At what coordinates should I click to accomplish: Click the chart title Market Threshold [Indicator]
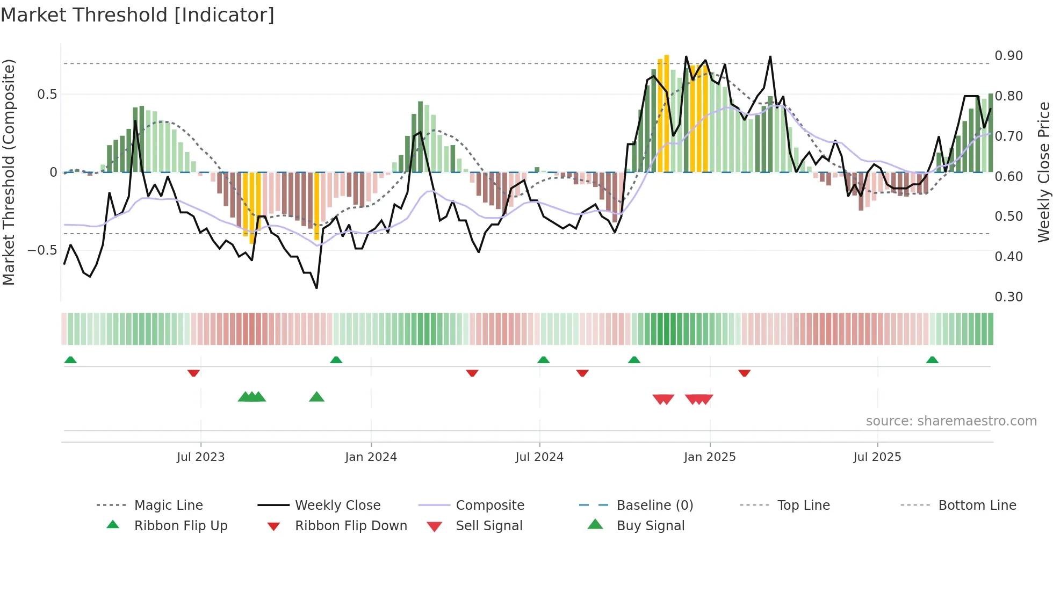pyautogui.click(x=138, y=15)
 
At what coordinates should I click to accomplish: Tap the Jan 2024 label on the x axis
pyautogui.click(x=371, y=457)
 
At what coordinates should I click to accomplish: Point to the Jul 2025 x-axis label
pyautogui.click(x=877, y=457)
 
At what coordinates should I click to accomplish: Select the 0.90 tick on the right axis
pyautogui.click(x=1008, y=56)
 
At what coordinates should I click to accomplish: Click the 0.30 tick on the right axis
pyautogui.click(x=1008, y=297)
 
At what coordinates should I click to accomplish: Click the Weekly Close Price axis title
pyautogui.click(x=1043, y=172)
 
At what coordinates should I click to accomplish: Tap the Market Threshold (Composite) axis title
pyautogui.click(x=9, y=172)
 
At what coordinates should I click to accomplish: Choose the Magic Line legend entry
pyautogui.click(x=168, y=506)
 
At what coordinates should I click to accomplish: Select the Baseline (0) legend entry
pyautogui.click(x=654, y=506)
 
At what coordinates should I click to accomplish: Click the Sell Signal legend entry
pyautogui.click(x=488, y=526)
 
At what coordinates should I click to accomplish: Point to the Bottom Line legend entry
pyautogui.click(x=977, y=506)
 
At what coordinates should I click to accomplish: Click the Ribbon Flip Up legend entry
pyautogui.click(x=181, y=526)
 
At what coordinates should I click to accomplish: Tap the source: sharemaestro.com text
pyautogui.click(x=951, y=421)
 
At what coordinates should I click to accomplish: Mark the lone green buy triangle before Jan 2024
pyautogui.click(x=316, y=397)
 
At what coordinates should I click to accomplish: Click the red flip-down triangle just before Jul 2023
pyautogui.click(x=193, y=373)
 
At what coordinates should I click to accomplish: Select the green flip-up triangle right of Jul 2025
pyautogui.click(x=932, y=360)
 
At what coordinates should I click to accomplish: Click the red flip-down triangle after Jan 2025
pyautogui.click(x=744, y=373)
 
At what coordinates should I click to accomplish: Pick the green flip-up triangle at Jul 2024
pyautogui.click(x=543, y=360)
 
